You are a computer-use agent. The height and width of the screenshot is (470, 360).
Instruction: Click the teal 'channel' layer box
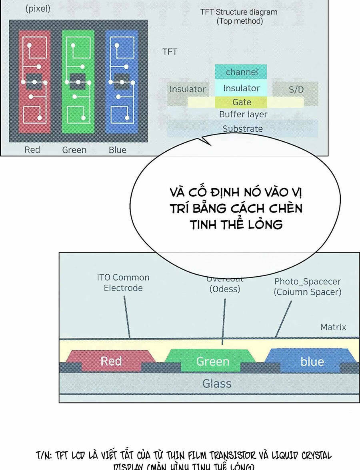coord(242,72)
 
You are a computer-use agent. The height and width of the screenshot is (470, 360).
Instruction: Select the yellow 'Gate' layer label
coord(242,102)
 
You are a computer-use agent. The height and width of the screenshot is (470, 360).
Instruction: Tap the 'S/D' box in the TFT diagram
coord(296,89)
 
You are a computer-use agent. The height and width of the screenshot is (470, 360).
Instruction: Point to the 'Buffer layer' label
coord(243,114)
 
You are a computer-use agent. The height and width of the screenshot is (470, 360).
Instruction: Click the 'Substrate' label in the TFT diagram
coord(243,129)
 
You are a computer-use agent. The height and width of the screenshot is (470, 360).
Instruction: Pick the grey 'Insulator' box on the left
coord(187,89)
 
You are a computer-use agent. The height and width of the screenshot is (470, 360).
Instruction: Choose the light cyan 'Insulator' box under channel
coord(242,88)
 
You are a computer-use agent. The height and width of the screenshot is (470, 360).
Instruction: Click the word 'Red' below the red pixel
coord(32,150)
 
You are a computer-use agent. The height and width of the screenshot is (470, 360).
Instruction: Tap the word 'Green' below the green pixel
coord(74,150)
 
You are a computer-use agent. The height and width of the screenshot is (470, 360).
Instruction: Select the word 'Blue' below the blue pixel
coord(118,150)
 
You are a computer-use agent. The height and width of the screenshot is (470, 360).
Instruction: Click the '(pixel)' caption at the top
coord(38,8)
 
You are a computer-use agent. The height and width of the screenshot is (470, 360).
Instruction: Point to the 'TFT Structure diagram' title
coord(239,12)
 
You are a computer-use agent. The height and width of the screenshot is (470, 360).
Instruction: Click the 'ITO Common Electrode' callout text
coord(123,283)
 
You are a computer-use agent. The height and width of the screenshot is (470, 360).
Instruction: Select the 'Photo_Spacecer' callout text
coord(307,281)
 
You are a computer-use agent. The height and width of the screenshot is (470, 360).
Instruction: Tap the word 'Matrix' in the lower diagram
coord(333,327)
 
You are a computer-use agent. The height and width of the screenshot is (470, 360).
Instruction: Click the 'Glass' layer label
coord(217,384)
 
